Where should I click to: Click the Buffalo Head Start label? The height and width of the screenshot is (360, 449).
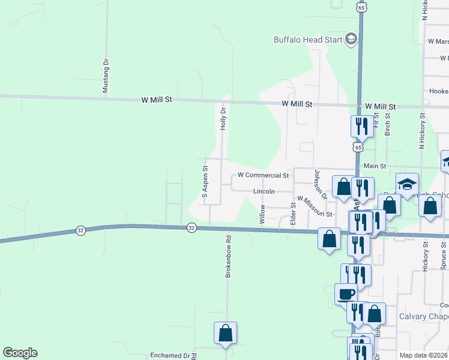pyautogui.click(x=307, y=40)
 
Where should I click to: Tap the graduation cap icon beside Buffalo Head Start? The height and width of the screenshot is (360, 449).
pyautogui.click(x=351, y=40)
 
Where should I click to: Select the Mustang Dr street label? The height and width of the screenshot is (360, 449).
pyautogui.click(x=106, y=75)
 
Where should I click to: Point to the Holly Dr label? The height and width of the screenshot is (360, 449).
pyautogui.click(x=223, y=119)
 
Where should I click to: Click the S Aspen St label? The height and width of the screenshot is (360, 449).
pyautogui.click(x=205, y=182)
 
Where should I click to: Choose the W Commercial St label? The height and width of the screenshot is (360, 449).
pyautogui.click(x=264, y=176)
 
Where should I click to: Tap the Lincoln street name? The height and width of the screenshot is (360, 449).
pyautogui.click(x=264, y=191)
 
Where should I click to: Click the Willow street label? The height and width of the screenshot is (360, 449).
pyautogui.click(x=262, y=214)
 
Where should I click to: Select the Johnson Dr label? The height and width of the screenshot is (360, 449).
pyautogui.click(x=319, y=185)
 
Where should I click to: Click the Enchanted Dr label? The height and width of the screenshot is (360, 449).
pyautogui.click(x=170, y=355)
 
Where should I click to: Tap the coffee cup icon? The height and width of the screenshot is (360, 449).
pyautogui.click(x=346, y=295)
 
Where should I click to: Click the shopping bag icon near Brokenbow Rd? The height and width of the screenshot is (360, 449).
pyautogui.click(x=225, y=333)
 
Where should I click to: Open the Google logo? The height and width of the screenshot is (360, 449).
pyautogui.click(x=20, y=353)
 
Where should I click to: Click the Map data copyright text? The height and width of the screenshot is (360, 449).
pyautogui.click(x=424, y=355)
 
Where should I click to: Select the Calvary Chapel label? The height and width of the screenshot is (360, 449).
pyautogui.click(x=424, y=316)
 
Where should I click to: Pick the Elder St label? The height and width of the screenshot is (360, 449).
pyautogui.click(x=294, y=213)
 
